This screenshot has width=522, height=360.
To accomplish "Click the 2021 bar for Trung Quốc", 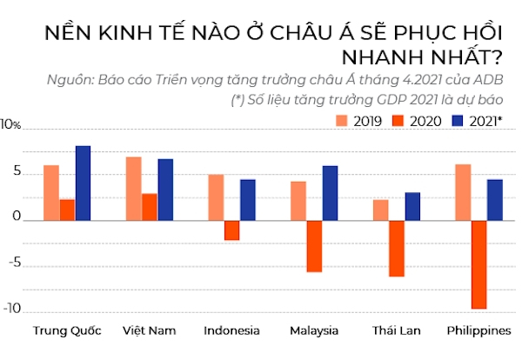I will [x=83, y=183].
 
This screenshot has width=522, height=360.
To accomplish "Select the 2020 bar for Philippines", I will [x=478, y=264].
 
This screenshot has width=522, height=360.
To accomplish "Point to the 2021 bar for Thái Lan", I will [x=412, y=206].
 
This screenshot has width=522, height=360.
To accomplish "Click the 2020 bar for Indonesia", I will [x=231, y=230].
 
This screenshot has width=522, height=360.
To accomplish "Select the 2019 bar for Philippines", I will [x=463, y=192].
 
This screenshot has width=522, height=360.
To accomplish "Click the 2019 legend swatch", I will [x=342, y=121].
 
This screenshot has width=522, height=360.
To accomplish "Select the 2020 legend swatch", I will [x=399, y=121].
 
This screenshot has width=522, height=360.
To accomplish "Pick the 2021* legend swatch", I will [x=457, y=121].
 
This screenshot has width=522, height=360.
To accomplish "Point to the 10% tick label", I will [x=10, y=125].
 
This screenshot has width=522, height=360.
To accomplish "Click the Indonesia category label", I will [x=231, y=330].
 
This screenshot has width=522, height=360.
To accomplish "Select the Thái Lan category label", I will [x=397, y=330].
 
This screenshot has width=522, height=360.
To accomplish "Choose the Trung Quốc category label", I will [x=66, y=330].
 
